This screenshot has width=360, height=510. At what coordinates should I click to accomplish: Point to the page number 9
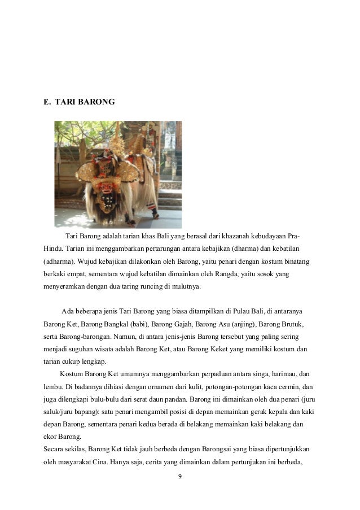coord(179,477)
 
